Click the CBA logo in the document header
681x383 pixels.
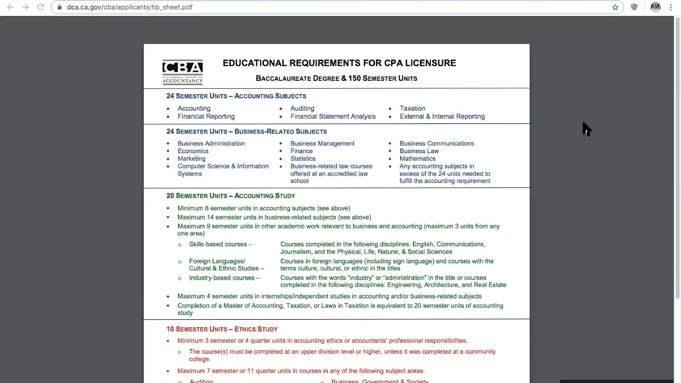click(182, 72)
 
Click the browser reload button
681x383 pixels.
click(40, 7)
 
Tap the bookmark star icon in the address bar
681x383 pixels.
click(615, 7)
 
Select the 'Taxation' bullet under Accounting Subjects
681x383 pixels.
click(412, 109)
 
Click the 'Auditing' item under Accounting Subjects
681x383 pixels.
click(302, 109)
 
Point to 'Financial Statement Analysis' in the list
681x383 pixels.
click(333, 116)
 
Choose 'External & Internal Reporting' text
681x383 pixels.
click(442, 116)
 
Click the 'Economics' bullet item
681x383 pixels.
click(193, 151)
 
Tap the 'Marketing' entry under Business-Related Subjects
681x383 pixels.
click(191, 159)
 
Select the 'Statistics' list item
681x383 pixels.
click(303, 159)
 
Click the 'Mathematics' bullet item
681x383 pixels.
click(417, 159)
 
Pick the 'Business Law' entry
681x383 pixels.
click(419, 151)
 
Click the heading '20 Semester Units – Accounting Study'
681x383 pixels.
click(230, 196)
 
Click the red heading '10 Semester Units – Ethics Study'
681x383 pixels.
click(222, 329)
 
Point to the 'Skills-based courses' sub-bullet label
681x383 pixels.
click(218, 244)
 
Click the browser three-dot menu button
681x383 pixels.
click(670, 7)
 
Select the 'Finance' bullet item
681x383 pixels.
click(301, 151)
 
